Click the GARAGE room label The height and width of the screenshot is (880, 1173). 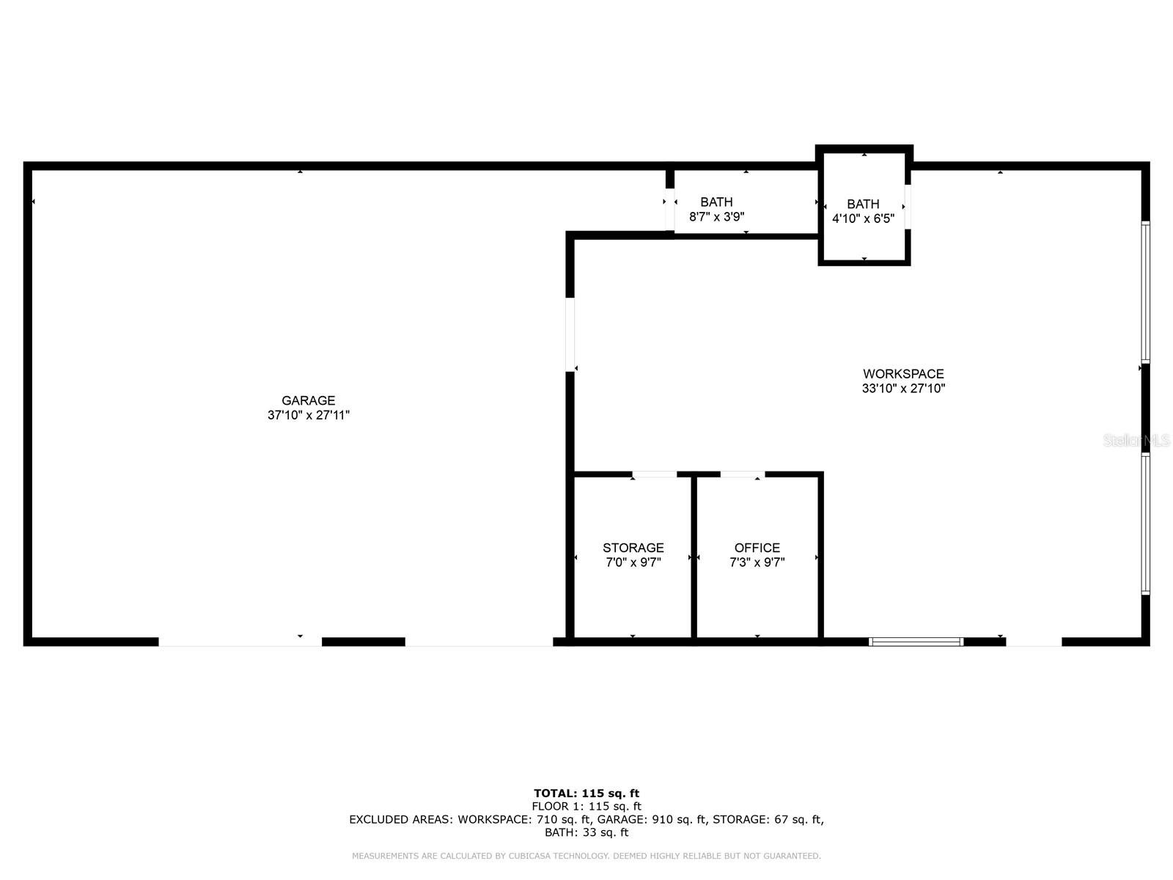coord(309,400)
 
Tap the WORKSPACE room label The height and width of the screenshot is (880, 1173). coord(903,374)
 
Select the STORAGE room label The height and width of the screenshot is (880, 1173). coord(633,548)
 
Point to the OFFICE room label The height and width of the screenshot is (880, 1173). coord(757,548)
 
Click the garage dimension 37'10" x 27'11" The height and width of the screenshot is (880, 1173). coord(309,415)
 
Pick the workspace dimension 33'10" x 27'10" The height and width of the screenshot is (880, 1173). coord(903,389)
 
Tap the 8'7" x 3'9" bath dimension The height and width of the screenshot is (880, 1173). coord(717,217)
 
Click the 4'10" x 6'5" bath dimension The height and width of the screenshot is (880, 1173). coord(863,219)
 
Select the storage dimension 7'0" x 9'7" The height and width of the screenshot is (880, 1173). coord(633,562)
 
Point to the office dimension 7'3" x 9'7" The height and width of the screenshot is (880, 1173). coord(757,562)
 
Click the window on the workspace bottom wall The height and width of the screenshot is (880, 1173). coord(916,642)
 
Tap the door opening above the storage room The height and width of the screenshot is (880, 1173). coord(655,474)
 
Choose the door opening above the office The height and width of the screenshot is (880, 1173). coord(742,474)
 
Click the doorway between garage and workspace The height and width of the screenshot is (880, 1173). coord(570,334)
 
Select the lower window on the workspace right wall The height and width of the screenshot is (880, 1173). coord(1145,524)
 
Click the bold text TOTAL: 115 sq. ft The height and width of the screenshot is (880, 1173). coord(586,793)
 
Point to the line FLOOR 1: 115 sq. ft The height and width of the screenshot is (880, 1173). coord(586,806)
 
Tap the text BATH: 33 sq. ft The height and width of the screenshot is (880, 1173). coord(586,832)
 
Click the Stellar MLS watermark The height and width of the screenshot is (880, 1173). coord(1136,441)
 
